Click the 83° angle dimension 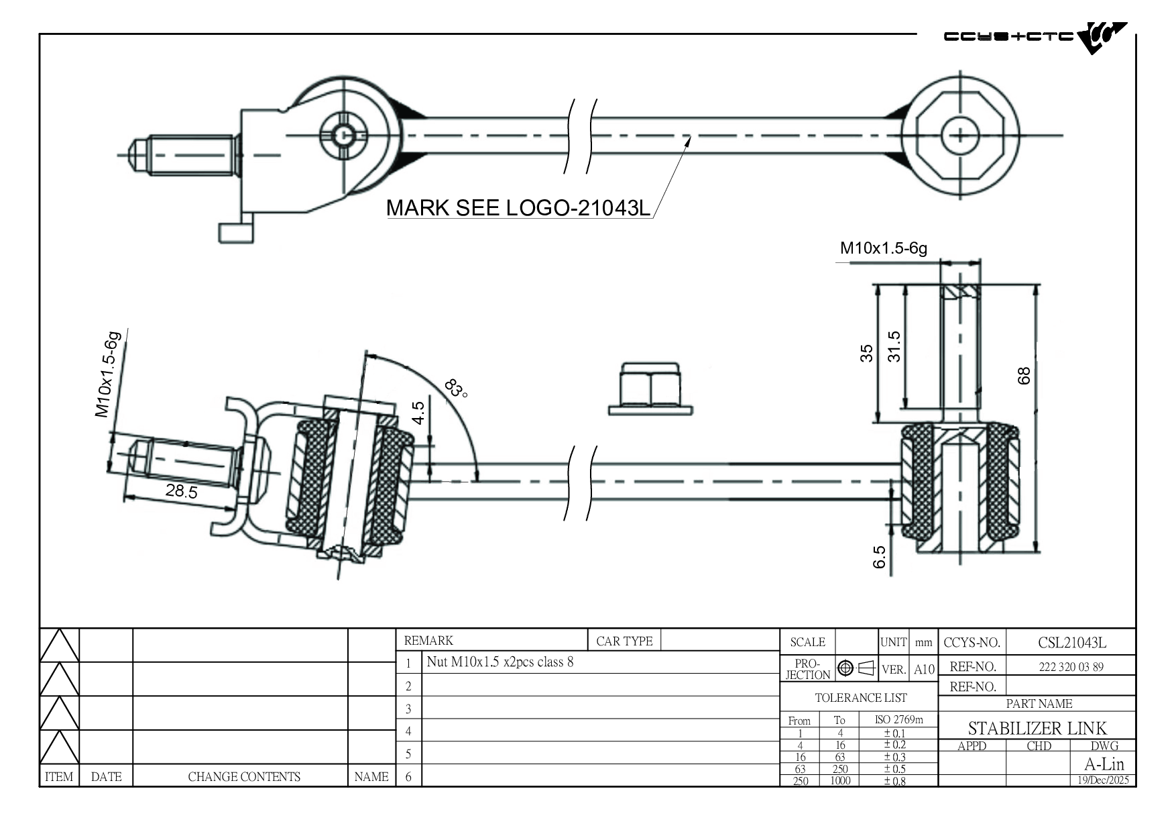pyautogui.click(x=456, y=388)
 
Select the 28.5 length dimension pyautogui.click(x=182, y=492)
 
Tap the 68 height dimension pyautogui.click(x=1024, y=376)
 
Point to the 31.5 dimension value pyautogui.click(x=894, y=346)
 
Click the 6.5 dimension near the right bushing pyautogui.click(x=880, y=557)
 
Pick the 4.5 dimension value pyautogui.click(x=418, y=413)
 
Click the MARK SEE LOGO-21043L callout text pyautogui.click(x=518, y=208)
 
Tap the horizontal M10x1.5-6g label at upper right pyautogui.click(x=883, y=248)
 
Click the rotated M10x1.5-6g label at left pyautogui.click(x=109, y=374)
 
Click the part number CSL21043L pyautogui.click(x=1071, y=643)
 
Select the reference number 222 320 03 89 pyautogui.click(x=1071, y=667)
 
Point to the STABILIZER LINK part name pyautogui.click(x=1037, y=728)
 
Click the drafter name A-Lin pyautogui.click(x=1104, y=764)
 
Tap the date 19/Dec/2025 pyautogui.click(x=1103, y=780)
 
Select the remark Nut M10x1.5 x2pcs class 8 pyautogui.click(x=500, y=662)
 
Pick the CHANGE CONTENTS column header pyautogui.click(x=244, y=777)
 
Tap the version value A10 pyautogui.click(x=923, y=669)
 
